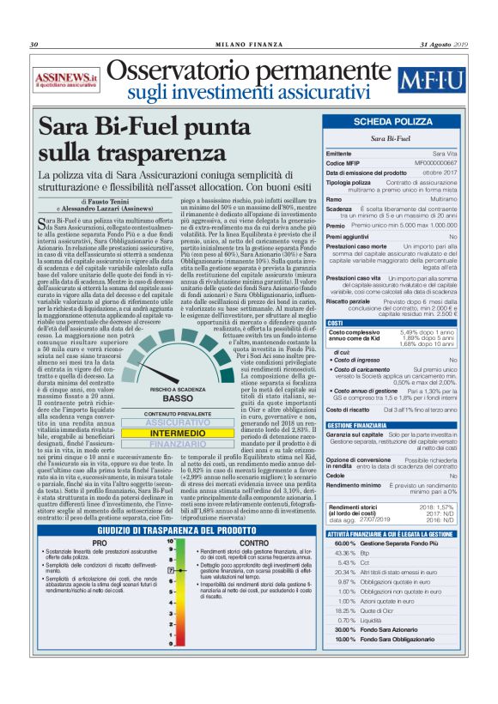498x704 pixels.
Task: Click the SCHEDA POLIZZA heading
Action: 394,123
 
